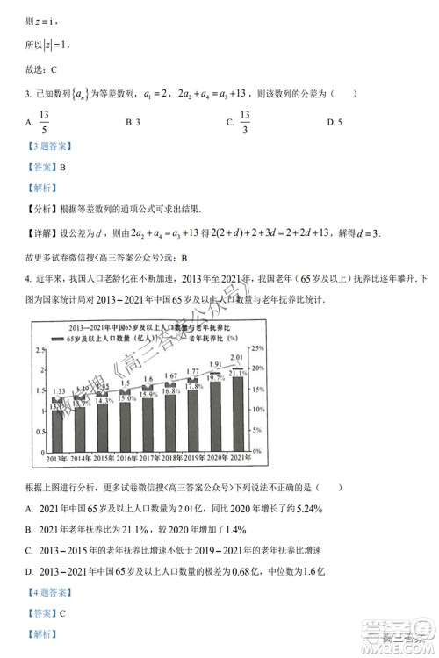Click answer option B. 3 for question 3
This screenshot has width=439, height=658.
tap(133, 122)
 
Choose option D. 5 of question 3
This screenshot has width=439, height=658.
tap(332, 122)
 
